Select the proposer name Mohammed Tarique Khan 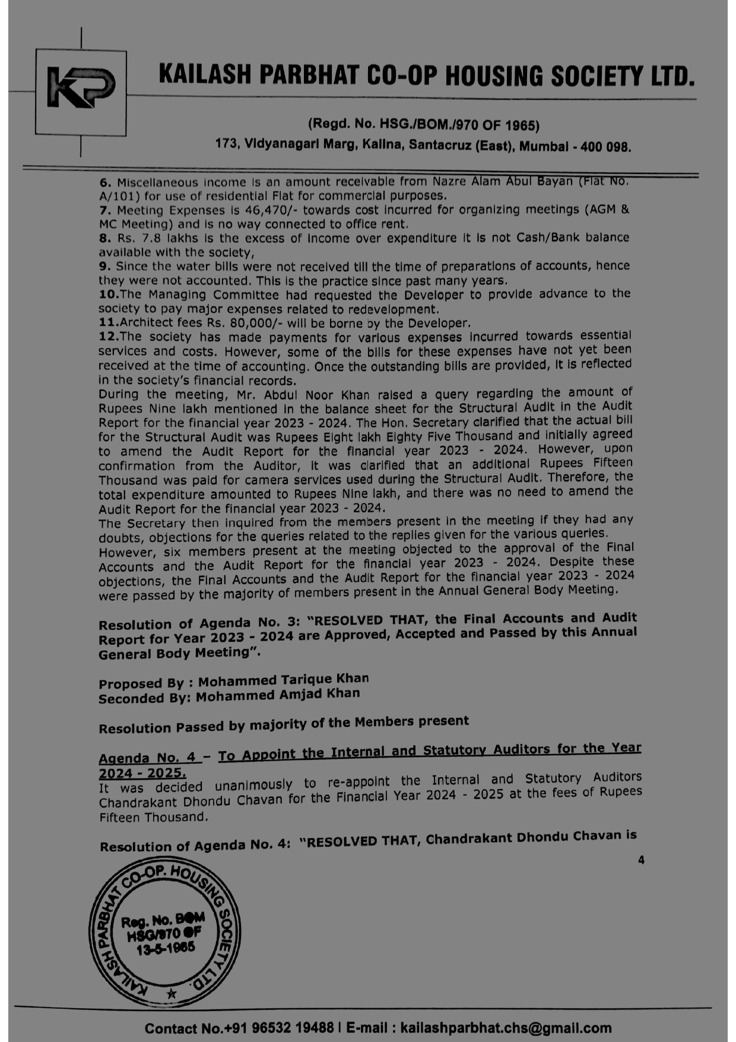click(283, 680)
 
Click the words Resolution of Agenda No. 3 click(192, 623)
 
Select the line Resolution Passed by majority click(283, 724)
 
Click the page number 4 click(640, 860)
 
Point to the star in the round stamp click(172, 993)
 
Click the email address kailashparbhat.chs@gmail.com click(506, 1028)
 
